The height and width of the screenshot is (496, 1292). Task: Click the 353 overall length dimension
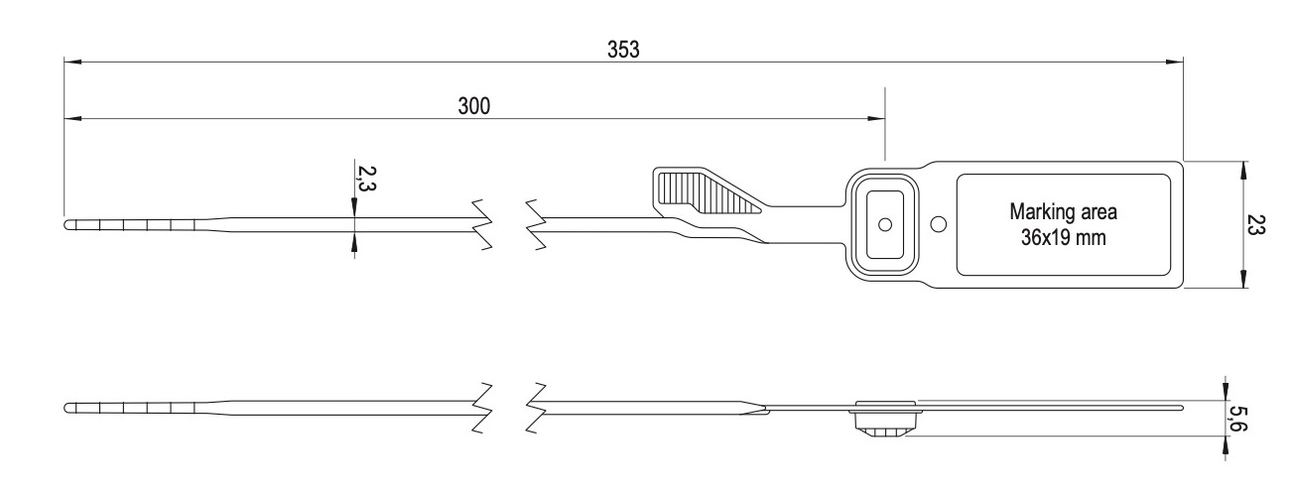click(x=623, y=50)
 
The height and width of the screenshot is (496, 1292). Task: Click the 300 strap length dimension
click(x=473, y=106)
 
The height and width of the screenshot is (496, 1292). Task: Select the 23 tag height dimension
click(x=1255, y=225)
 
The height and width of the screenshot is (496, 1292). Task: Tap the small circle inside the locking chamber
click(x=884, y=224)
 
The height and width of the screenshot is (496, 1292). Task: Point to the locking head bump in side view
click(x=885, y=426)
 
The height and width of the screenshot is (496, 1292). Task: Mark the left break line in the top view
click(x=483, y=225)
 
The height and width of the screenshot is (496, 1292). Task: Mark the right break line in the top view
click(x=537, y=225)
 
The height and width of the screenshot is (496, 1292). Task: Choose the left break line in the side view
click(x=483, y=408)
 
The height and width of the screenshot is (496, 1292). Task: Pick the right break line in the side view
click(x=537, y=408)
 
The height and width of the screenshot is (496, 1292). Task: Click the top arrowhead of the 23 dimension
click(x=1241, y=169)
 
